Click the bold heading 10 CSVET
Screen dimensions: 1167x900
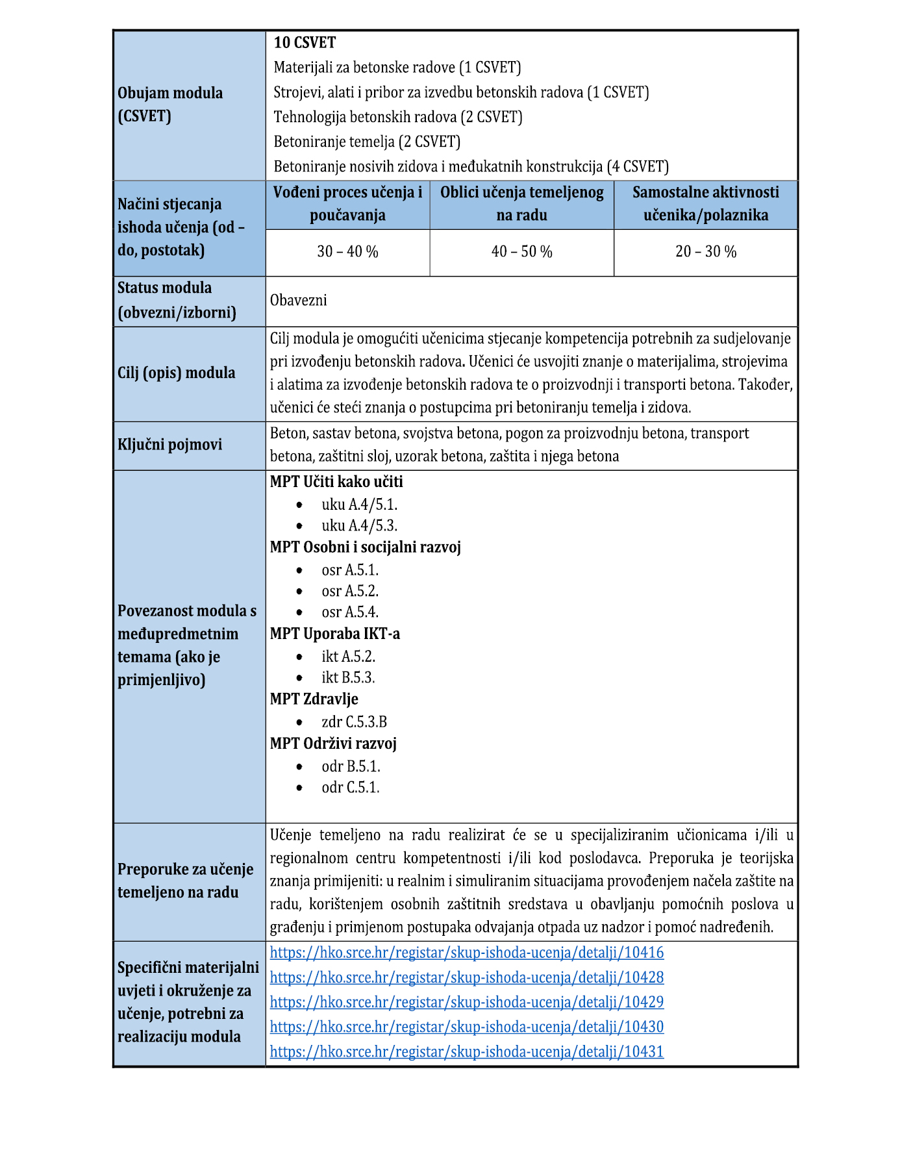[305, 43]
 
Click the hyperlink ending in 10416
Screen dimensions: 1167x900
[466, 953]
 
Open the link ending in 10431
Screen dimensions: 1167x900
[466, 1051]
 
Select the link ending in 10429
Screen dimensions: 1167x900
[466, 1002]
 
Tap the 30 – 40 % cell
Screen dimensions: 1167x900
[347, 252]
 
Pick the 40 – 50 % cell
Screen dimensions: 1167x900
[521, 252]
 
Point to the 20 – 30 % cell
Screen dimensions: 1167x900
[705, 252]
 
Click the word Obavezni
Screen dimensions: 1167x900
[299, 301]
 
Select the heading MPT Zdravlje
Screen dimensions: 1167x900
[314, 699]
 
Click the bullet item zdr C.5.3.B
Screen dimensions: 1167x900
[354, 722]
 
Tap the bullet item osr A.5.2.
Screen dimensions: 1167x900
[350, 591]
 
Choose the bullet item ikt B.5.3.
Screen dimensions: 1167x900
[348, 678]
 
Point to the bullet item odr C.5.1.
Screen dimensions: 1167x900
[350, 788]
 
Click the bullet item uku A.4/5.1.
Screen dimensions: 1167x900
[359, 505]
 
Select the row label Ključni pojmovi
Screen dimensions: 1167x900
[169, 445]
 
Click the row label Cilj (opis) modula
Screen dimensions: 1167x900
[176, 373]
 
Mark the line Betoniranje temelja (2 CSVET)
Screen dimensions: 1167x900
[367, 142]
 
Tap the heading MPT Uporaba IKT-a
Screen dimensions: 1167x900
[334, 634]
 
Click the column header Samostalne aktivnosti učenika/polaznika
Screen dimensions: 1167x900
[705, 204]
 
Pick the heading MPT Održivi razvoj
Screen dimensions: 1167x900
[333, 744]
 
